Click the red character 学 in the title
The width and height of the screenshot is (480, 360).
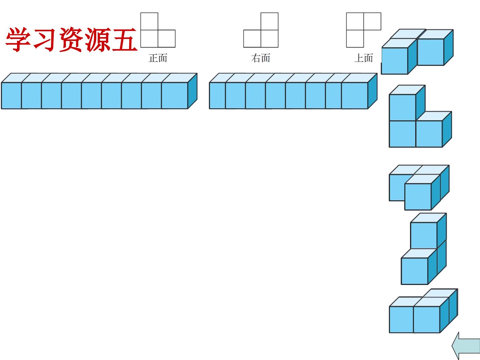(18, 40)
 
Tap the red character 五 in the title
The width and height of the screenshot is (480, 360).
(125, 40)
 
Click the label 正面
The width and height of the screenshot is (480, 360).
(158, 58)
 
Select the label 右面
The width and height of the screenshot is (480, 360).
(261, 58)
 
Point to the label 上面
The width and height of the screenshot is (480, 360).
(364, 58)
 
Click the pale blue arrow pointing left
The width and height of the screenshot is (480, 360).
(466, 346)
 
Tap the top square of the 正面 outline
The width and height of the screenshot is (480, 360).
(149, 21)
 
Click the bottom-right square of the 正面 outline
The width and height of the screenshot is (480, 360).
(167, 38)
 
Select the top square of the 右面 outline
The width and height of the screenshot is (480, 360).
(269, 21)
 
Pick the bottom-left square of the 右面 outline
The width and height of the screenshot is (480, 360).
(252, 38)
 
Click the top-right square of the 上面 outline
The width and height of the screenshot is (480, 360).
(372, 21)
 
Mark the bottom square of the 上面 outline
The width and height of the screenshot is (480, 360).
(355, 38)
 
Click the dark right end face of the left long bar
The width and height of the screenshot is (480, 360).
(192, 91)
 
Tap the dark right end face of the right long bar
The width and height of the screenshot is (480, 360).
(372, 91)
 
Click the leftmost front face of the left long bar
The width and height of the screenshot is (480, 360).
(11, 96)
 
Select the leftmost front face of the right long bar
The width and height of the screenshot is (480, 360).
(217, 96)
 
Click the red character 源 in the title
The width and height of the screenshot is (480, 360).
(98, 40)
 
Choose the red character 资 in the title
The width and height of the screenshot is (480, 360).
(72, 40)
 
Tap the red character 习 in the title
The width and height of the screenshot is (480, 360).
(45, 40)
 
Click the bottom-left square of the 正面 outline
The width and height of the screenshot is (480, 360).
(149, 38)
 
